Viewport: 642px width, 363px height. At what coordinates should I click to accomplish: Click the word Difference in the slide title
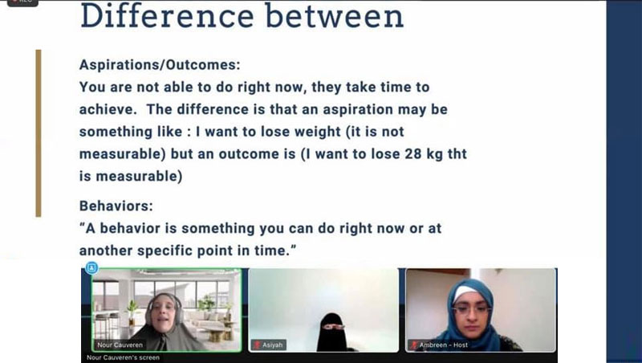167,15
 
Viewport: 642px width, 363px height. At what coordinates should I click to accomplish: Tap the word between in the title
335,15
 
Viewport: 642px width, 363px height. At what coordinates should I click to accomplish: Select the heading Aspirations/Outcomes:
160,65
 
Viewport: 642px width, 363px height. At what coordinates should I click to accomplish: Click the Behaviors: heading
116,206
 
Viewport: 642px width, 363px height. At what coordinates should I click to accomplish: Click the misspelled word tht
457,153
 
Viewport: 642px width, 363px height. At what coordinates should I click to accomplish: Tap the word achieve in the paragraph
106,109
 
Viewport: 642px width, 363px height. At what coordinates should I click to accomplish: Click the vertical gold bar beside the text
39,133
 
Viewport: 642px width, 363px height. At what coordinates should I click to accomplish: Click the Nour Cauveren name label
120,345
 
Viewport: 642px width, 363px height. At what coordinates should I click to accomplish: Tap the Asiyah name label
272,345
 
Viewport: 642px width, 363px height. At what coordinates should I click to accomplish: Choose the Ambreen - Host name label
444,345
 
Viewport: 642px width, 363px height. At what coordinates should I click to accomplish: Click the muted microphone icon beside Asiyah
257,345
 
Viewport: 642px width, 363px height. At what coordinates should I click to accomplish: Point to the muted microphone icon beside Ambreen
413,345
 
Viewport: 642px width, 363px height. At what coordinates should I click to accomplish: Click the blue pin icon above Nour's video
91,268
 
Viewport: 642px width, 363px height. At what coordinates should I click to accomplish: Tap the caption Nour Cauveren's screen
123,357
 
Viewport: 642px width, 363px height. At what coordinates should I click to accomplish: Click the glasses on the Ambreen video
472,309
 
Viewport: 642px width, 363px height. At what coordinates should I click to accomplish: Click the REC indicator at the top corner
22,2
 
